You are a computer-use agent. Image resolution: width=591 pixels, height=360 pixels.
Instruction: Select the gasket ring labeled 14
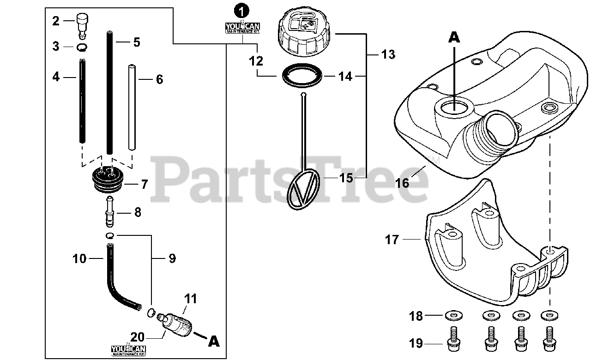click(302, 75)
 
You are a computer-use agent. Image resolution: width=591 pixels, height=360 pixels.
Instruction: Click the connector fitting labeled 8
click(110, 212)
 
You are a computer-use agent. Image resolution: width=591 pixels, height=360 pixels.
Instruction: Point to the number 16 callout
click(402, 183)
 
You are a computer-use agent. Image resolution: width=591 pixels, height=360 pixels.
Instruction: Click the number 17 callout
click(392, 240)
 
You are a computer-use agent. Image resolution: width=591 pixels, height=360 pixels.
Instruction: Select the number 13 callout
click(388, 54)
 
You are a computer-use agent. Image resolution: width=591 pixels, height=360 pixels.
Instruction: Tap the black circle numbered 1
click(241, 9)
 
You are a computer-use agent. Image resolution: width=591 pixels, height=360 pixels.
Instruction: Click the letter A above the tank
click(454, 37)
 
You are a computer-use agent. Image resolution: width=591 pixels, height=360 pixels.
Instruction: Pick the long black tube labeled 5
click(110, 92)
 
